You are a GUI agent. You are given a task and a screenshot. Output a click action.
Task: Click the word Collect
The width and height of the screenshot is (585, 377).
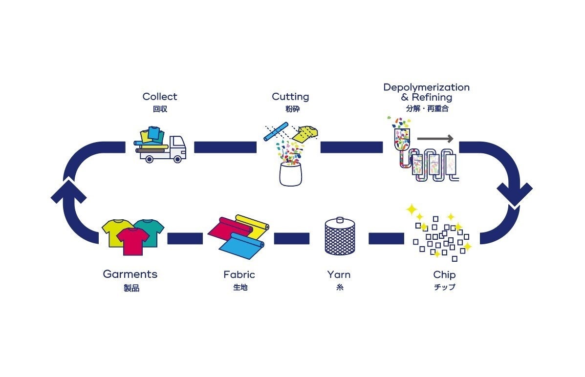[160, 97]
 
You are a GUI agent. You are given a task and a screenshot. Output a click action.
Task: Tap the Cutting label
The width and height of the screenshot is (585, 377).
[290, 97]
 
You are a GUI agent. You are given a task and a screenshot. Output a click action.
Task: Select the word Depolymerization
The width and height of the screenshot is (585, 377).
[426, 87]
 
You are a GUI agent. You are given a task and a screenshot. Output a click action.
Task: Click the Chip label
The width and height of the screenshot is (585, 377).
[444, 275]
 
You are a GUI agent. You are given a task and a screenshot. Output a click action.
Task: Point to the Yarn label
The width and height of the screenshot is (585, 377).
[339, 275]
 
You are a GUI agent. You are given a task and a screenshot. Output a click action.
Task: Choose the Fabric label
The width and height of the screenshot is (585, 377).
[239, 275]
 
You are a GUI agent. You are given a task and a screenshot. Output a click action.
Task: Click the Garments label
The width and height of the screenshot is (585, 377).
[130, 274]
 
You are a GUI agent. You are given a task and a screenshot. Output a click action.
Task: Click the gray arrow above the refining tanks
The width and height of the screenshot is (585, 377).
[435, 139]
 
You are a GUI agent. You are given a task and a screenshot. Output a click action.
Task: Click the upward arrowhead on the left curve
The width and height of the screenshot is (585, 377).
[68, 191]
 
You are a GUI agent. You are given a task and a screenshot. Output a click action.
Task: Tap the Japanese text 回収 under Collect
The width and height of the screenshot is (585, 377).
[160, 109]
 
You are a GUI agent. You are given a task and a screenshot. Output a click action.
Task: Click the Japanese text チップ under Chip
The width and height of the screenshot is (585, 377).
[444, 287]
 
